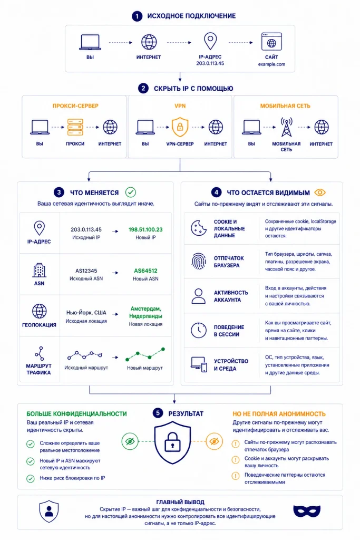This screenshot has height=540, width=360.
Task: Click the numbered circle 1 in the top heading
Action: point(137,16)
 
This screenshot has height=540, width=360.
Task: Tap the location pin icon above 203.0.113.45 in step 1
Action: point(210,41)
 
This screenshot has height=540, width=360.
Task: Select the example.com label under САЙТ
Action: point(271,64)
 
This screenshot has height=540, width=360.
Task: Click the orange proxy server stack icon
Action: point(75,128)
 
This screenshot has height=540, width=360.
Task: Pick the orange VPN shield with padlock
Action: point(180,127)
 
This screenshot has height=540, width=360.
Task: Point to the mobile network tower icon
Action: point(286,127)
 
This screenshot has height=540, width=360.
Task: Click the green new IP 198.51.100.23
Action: point(145,229)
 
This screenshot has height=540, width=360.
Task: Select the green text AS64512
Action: point(145,271)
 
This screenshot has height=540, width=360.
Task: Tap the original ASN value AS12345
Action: point(86,271)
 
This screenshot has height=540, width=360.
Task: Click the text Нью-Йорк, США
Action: point(86,313)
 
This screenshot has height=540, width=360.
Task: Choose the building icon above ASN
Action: point(39,271)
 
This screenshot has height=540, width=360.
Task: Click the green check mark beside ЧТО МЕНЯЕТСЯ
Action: point(130,192)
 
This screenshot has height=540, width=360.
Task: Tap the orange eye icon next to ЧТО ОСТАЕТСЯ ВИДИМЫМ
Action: point(320,192)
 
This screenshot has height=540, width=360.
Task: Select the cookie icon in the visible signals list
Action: point(199,228)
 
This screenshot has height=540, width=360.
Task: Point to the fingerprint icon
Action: point(199,262)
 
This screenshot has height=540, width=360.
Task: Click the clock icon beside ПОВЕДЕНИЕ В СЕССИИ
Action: point(199,330)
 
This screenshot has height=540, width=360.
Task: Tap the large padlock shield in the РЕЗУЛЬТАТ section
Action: point(172,442)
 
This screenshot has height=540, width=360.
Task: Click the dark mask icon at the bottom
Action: point(307,511)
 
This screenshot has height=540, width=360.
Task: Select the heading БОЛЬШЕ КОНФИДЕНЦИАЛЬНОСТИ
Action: point(77,413)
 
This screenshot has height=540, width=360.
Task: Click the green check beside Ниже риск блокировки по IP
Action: point(31,478)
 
